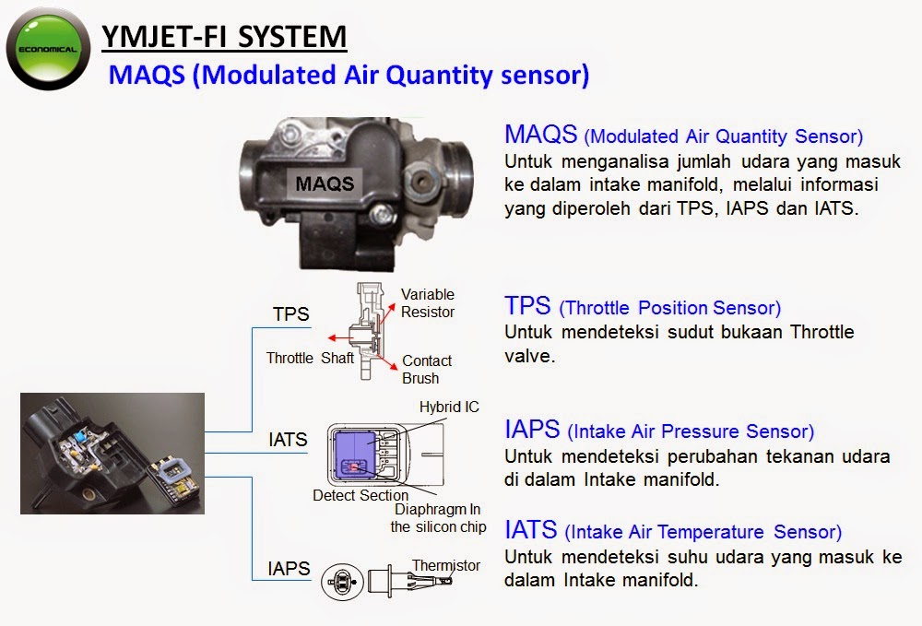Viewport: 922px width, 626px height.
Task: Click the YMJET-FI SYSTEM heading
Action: (x=224, y=38)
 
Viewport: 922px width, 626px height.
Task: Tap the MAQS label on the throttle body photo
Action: (x=324, y=183)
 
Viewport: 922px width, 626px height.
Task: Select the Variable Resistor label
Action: (x=428, y=303)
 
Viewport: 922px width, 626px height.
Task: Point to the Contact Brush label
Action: (x=426, y=369)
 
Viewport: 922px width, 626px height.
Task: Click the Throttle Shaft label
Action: (x=310, y=358)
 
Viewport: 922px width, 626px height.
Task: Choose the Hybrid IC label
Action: (x=449, y=407)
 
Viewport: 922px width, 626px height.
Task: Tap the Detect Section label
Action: (x=361, y=495)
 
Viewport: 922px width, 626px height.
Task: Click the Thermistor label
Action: (x=446, y=565)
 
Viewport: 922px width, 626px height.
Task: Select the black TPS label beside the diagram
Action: (x=290, y=314)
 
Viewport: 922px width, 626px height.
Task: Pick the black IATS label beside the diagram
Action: (x=288, y=440)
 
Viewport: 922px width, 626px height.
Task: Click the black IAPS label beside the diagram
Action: (x=289, y=568)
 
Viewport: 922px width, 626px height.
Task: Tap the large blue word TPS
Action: (x=527, y=306)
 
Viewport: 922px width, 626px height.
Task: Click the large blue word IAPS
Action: (x=532, y=430)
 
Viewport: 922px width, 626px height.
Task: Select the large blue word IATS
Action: (x=531, y=530)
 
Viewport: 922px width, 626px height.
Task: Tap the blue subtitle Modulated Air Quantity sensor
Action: (x=349, y=75)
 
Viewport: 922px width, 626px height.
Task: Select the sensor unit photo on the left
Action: (x=112, y=453)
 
